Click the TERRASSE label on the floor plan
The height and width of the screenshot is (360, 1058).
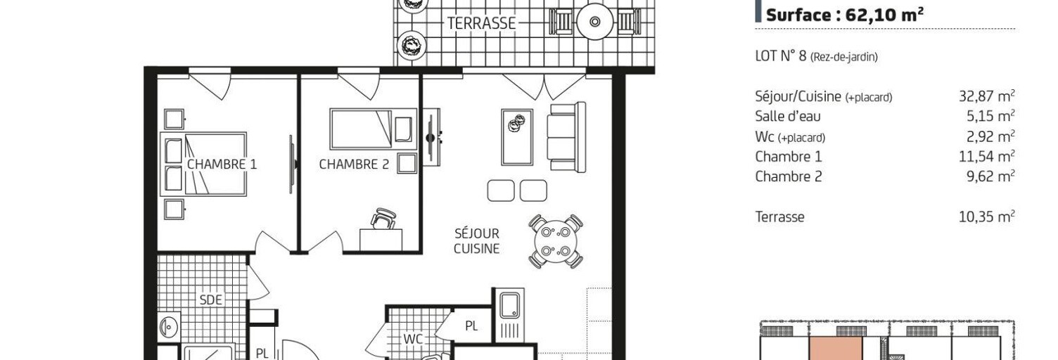[481, 23]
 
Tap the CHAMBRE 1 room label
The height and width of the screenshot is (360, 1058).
[222, 165]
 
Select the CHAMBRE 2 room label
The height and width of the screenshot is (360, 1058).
[354, 165]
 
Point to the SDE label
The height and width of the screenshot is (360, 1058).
[210, 300]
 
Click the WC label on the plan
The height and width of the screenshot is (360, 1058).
[412, 339]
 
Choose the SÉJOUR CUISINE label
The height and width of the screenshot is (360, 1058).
[476, 240]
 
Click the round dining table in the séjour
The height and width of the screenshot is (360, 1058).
[556, 242]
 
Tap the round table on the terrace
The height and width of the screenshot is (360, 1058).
[595, 22]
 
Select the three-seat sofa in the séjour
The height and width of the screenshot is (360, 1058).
[566, 137]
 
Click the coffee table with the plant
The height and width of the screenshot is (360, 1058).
[517, 137]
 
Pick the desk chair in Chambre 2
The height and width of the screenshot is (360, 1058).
[383, 219]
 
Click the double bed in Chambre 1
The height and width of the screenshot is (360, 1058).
[203, 164]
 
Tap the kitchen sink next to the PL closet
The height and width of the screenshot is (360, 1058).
[509, 305]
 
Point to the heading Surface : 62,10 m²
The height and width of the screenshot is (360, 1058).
[845, 15]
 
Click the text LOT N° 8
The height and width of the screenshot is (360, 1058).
[781, 56]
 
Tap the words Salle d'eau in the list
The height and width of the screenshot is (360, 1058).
[788, 116]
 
